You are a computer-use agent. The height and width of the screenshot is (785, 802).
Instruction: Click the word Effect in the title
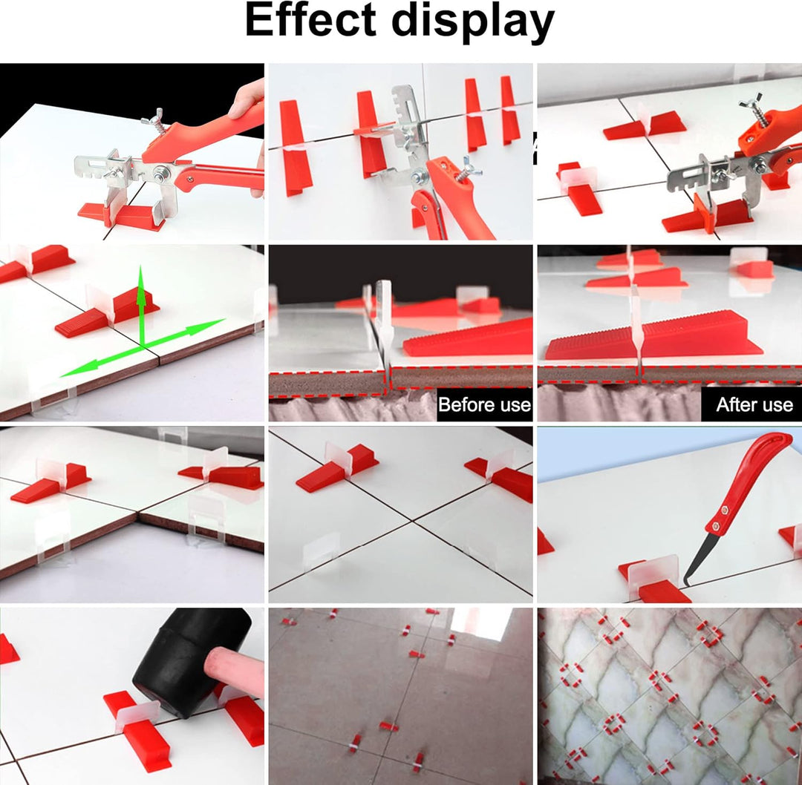coord(311,21)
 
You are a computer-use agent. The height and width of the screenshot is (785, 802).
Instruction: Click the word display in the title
coord(473,23)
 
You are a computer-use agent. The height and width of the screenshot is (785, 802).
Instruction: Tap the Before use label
coord(484,405)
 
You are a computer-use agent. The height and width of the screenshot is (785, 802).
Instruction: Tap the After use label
coord(754,405)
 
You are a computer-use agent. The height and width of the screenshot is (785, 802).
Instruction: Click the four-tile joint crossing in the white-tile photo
coord(412,521)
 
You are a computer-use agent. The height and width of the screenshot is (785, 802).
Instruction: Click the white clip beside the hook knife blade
coord(652,575)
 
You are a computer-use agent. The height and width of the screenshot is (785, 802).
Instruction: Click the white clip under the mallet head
coord(138,710)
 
